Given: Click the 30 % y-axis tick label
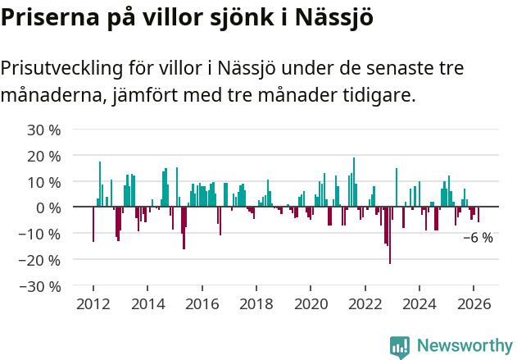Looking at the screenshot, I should point(44,130).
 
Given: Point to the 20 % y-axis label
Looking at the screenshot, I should point(44,156).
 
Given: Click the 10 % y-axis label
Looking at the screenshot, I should point(44,182).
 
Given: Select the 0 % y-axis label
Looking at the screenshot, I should point(48,207).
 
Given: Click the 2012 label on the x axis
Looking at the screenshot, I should point(93,303).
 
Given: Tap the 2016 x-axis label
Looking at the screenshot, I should point(202,303).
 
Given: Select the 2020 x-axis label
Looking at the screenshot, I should point(311,303).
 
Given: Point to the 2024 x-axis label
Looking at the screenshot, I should point(420,303).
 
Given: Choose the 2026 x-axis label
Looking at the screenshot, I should point(474,303).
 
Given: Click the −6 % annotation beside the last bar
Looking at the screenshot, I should point(478,238).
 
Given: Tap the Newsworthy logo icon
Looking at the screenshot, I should point(400,347).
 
